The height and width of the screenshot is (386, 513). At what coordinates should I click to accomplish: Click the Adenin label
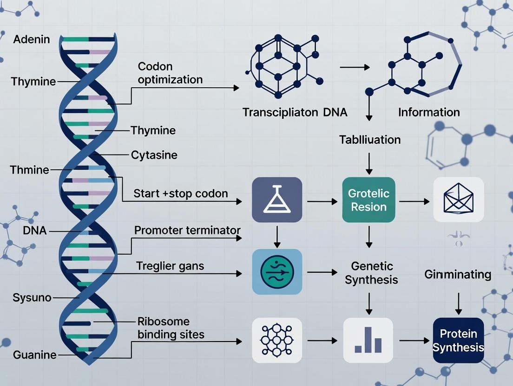tap(32, 39)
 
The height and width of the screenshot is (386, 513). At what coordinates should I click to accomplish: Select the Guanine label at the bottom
tap(35, 355)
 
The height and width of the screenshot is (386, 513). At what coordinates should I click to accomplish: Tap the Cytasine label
tap(154, 154)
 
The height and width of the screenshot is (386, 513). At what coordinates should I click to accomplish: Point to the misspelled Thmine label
tap(29, 170)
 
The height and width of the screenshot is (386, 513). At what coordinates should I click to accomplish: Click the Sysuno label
tap(32, 297)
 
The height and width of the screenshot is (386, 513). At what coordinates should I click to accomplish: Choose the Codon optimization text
tap(170, 73)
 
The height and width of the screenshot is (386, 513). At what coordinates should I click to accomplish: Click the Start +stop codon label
tap(180, 193)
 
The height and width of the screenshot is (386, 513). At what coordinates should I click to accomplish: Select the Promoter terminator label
tap(187, 230)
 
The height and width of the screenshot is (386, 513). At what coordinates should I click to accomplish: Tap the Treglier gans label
tap(170, 266)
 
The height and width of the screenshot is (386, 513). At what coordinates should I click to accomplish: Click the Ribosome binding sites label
tap(171, 328)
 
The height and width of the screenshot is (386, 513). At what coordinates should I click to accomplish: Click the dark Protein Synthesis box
tap(458, 341)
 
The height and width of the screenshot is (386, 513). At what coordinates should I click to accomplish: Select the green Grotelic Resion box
tap(368, 200)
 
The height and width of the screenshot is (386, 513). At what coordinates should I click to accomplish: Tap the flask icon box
tap(277, 200)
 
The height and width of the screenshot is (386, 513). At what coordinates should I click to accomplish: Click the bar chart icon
tap(368, 341)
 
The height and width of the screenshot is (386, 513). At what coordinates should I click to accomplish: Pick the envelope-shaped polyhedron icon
tap(458, 200)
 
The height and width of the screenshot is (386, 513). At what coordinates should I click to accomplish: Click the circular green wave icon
tap(277, 271)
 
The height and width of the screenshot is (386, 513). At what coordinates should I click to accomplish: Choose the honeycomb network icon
tap(277, 341)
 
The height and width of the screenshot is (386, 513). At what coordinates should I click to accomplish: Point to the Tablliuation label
tap(370, 139)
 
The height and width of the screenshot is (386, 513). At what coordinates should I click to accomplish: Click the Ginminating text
tap(458, 274)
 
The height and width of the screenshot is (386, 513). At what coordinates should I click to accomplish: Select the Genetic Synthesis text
tap(371, 273)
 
